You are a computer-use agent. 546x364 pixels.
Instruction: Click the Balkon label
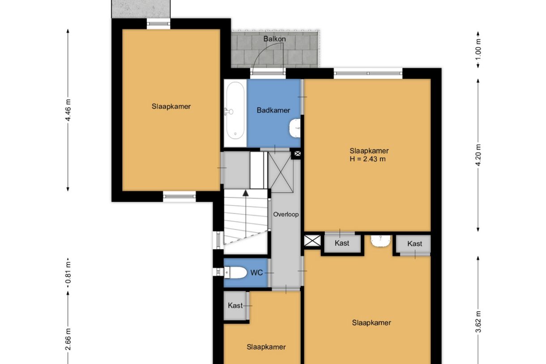[x=274, y=39]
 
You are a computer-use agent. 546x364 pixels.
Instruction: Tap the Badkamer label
[x=273, y=111]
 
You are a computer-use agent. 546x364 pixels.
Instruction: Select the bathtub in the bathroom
[x=235, y=111]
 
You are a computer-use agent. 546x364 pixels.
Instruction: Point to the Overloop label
[x=286, y=214]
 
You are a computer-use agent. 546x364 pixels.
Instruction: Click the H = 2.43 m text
[x=367, y=159]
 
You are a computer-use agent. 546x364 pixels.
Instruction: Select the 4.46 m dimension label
[x=68, y=110]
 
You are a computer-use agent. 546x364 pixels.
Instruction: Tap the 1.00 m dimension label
[x=478, y=50]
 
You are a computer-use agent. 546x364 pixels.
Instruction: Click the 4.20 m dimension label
[x=478, y=155]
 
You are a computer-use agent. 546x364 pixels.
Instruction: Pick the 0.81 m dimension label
[x=68, y=273]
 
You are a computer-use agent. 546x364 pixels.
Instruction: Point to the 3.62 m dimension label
[x=478, y=321]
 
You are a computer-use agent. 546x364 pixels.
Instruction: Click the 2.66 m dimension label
[x=68, y=339]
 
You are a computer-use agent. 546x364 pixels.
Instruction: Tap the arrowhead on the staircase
[x=245, y=193]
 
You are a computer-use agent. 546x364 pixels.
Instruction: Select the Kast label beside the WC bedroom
[x=235, y=305]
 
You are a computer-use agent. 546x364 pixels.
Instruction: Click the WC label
[x=257, y=273]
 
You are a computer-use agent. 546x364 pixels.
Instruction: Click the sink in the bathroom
[x=294, y=128]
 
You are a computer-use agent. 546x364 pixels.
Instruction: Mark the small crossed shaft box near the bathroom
[x=298, y=154]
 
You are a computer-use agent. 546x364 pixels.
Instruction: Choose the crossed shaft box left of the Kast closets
[x=312, y=240]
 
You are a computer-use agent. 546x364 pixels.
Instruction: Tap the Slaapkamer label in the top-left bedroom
[x=171, y=107]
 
